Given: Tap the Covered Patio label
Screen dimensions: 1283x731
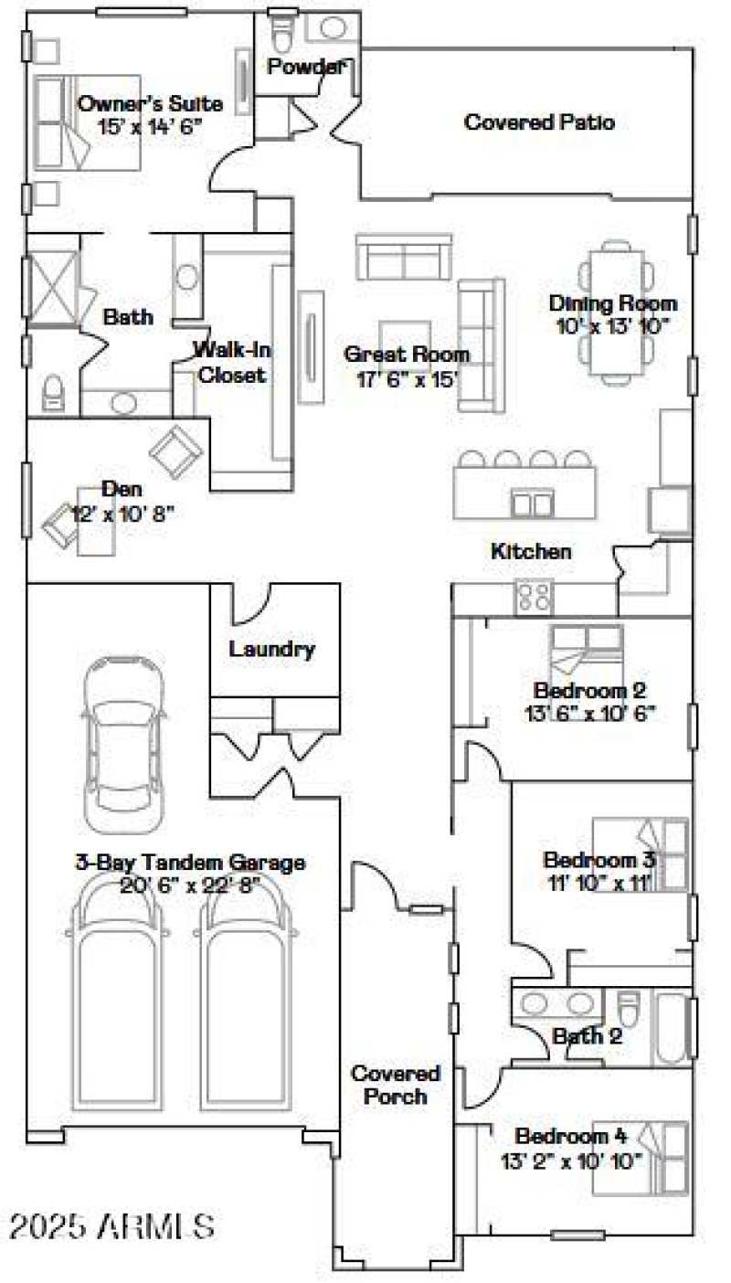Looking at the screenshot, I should [x=539, y=122].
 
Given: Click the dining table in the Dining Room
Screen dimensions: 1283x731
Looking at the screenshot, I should [x=616, y=311].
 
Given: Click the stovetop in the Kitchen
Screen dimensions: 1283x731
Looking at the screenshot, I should [x=534, y=597].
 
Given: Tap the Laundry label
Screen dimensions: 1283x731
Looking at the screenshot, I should [x=272, y=649].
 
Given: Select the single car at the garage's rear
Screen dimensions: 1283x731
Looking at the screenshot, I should [x=124, y=740].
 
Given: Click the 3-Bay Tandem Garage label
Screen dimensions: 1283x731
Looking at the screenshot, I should [x=190, y=862].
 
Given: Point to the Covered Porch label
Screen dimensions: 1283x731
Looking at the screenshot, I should [x=396, y=1084].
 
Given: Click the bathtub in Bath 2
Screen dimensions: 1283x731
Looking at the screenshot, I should [x=672, y=1028].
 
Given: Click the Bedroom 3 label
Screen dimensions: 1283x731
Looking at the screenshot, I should [x=600, y=860].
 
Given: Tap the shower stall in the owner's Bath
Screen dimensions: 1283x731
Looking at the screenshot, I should [x=53, y=288].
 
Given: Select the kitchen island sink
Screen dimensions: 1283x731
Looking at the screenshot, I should [x=532, y=504].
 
